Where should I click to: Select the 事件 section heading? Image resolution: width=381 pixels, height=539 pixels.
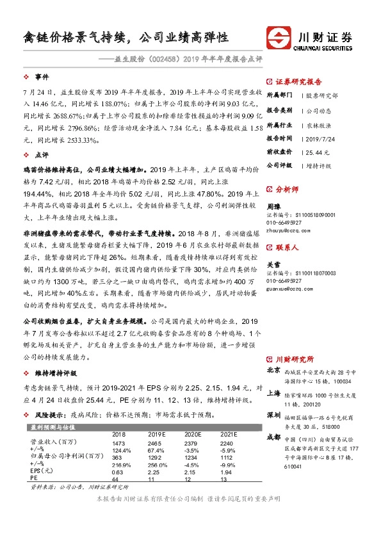tap(42, 77)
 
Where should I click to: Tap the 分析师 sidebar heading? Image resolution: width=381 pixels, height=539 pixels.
tap(286, 189)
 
